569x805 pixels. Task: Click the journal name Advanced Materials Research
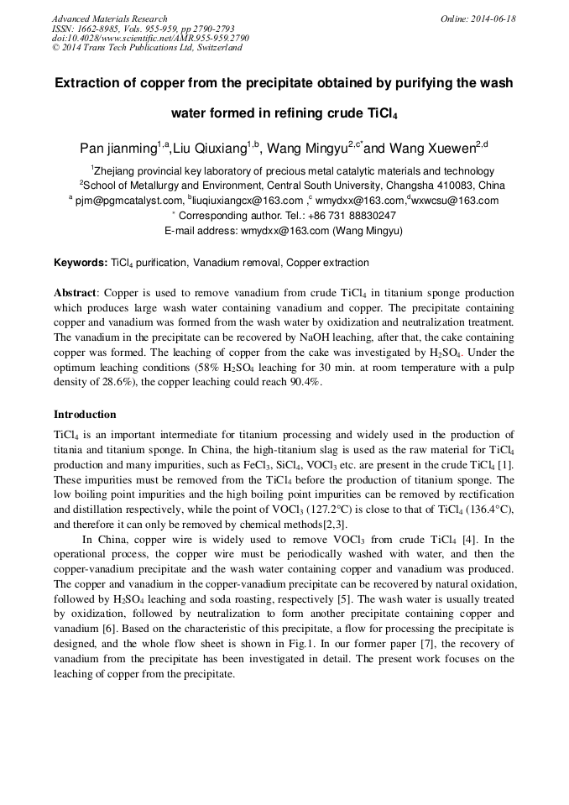point(109,18)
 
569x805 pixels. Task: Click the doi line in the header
point(150,39)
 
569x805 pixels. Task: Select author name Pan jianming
point(117,149)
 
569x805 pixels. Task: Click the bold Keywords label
point(81,263)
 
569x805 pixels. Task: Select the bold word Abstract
point(76,294)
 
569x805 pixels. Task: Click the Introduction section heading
point(85,415)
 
